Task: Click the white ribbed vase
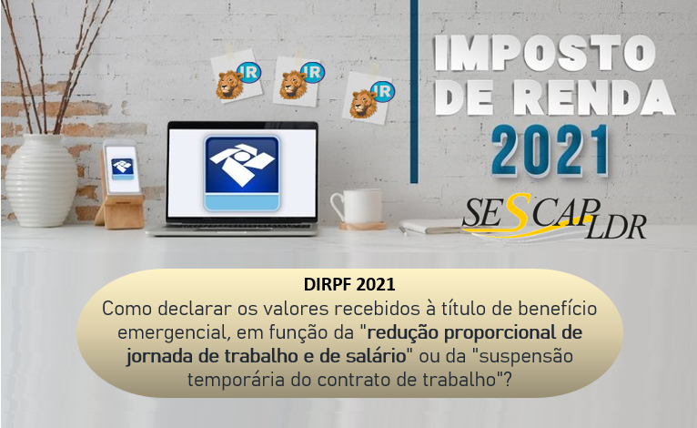pyautogui.click(x=41, y=180)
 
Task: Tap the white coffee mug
pyautogui.click(x=357, y=207)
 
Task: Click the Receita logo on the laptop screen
pyautogui.click(x=242, y=173)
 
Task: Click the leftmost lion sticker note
pyautogui.click(x=237, y=76)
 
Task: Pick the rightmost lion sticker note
pyautogui.click(x=369, y=97)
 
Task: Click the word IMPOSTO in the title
pyautogui.click(x=544, y=53)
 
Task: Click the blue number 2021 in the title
pyautogui.click(x=550, y=150)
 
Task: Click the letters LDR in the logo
pyautogui.click(x=615, y=226)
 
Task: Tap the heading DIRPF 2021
pyautogui.click(x=349, y=284)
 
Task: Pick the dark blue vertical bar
pyautogui.click(x=414, y=91)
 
